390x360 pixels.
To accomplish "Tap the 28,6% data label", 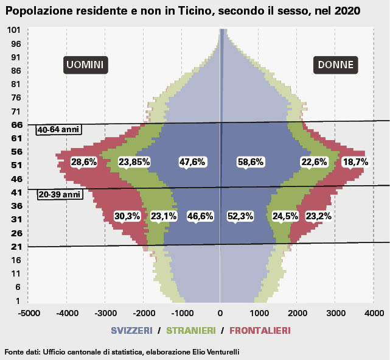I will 84,162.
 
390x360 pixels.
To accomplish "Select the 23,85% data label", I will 134,162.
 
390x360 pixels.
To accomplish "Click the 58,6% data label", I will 250,162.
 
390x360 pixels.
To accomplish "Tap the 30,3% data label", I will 127,216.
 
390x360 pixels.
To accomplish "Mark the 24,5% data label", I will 285,216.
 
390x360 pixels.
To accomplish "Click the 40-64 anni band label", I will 59,130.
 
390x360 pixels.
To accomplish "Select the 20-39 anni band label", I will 59,194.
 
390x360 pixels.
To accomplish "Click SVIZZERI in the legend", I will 131,330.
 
